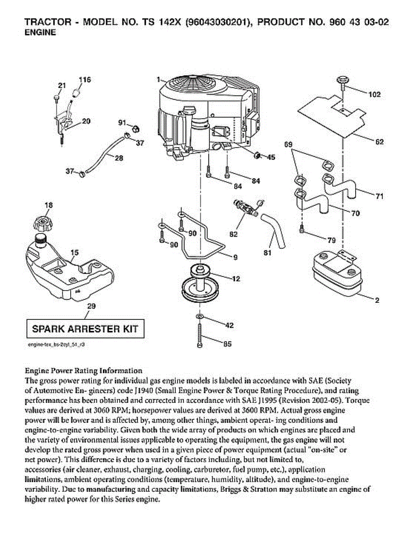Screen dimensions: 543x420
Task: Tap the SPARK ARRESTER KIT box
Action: tap(85, 329)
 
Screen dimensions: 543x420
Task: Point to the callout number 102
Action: tap(374, 95)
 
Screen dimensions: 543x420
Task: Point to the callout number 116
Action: tap(85, 80)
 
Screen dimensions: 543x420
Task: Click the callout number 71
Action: tap(379, 196)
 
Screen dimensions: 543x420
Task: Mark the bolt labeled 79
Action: tap(302, 229)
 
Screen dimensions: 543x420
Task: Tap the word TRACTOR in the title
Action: tap(48, 22)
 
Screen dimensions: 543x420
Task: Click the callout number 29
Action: tap(91, 306)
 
